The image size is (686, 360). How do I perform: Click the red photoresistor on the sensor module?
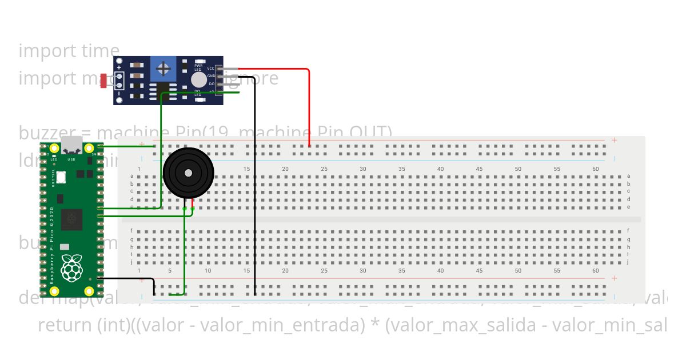click(103, 81)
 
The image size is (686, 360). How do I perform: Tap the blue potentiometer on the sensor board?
click(163, 70)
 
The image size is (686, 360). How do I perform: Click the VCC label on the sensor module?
click(210, 69)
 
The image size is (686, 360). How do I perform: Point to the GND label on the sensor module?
click(210, 76)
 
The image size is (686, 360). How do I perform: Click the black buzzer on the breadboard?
click(188, 173)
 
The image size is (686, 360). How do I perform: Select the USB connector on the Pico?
click(71, 146)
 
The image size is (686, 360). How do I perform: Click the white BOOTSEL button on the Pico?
click(61, 177)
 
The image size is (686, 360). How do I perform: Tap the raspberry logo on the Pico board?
click(71, 269)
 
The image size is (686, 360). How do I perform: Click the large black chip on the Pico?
click(71, 219)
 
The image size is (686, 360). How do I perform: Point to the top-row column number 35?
click(401, 169)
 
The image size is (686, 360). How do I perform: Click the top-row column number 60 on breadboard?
click(595, 169)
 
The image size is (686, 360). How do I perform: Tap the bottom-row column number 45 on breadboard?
click(479, 271)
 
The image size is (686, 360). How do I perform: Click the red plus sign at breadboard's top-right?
click(614, 140)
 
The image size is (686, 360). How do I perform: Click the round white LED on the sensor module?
click(198, 79)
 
